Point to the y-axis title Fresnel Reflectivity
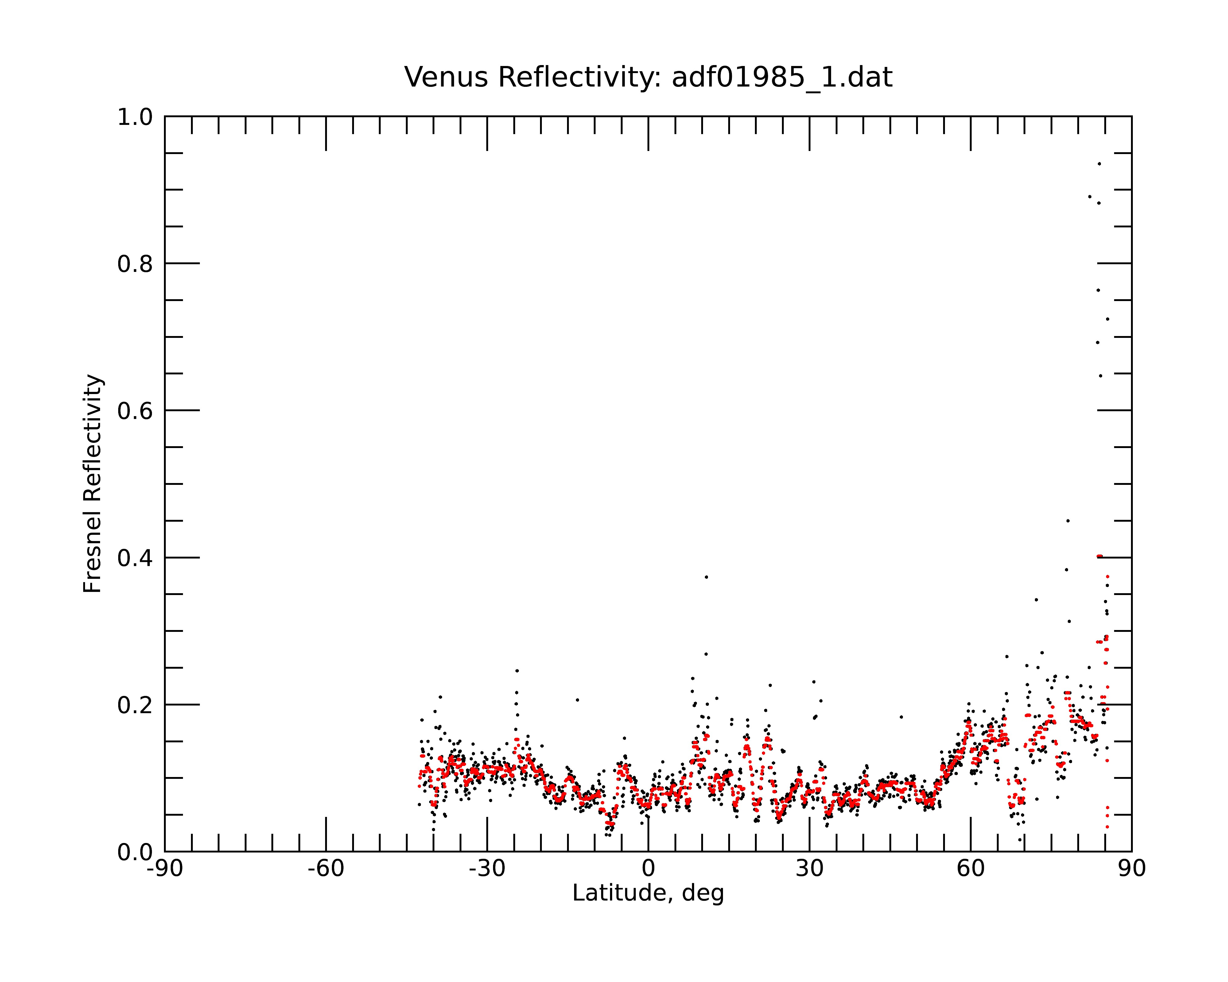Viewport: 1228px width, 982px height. point(92,483)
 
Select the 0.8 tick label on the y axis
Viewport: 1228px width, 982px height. point(135,264)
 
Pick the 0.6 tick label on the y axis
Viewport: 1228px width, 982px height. point(135,411)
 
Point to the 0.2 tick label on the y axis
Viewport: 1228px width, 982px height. point(135,705)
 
